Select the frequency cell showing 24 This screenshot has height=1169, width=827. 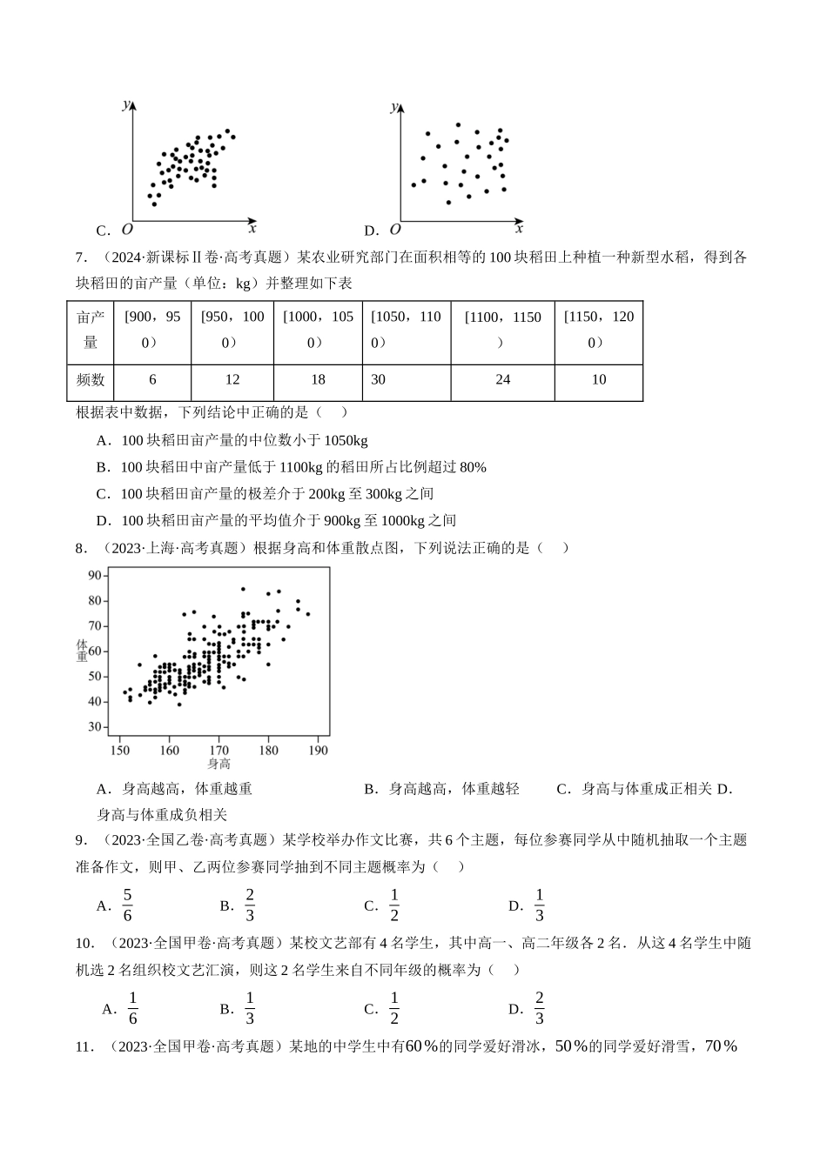pos(502,380)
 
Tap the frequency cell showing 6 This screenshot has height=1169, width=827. pos(153,380)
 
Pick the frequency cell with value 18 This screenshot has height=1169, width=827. pos(318,380)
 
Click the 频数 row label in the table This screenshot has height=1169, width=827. pos(91,380)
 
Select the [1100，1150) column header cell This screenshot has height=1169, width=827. pos(502,329)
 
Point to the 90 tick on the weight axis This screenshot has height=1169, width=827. pos(95,575)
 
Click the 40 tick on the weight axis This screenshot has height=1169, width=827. pos(95,702)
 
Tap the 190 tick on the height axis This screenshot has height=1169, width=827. pos(319,750)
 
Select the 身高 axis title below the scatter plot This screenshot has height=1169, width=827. pos(219,764)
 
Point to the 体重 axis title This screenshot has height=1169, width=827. pos(83,651)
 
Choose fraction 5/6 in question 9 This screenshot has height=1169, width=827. pos(127,905)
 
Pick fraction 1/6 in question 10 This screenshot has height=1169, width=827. pos(132,1008)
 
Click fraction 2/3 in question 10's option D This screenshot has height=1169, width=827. pos(539,1008)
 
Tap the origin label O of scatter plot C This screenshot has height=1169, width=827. pos(127,230)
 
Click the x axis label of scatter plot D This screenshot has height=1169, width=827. pos(519,229)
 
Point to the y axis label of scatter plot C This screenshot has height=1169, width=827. pos(126,105)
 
